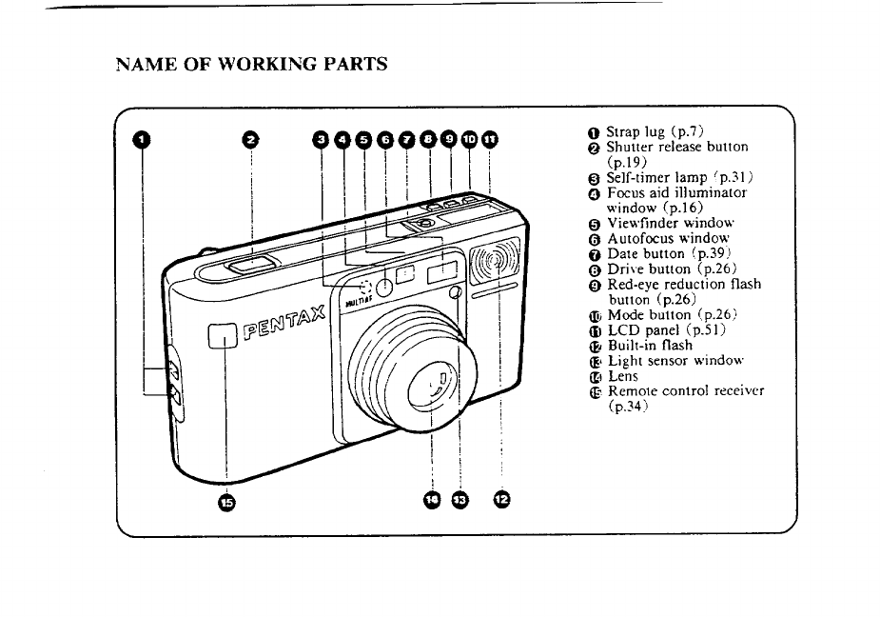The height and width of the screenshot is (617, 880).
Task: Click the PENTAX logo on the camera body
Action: pos(284,323)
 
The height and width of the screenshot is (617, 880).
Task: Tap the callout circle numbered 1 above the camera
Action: pos(142,139)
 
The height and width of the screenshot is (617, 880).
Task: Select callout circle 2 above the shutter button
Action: pos(250,139)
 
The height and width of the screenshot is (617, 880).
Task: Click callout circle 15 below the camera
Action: pos(226,502)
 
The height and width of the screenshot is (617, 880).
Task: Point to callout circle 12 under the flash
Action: pos(501,499)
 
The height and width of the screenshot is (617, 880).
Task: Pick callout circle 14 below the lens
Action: pos(432,500)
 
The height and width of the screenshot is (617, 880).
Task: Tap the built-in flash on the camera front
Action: pos(496,260)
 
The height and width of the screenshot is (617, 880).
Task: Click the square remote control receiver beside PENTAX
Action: pos(223,336)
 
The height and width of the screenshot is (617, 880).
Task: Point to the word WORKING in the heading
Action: pos(267,64)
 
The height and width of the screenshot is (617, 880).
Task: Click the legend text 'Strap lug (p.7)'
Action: pos(655,132)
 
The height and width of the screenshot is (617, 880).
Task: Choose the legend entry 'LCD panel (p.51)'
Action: pos(667,329)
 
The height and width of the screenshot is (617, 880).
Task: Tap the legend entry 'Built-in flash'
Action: pos(651,345)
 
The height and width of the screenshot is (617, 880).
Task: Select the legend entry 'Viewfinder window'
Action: pos(671,223)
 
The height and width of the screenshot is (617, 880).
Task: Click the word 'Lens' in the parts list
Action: pos(623,376)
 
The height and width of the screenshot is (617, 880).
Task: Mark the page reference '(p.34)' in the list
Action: pos(629,406)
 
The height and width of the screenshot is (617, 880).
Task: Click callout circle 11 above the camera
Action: pos(490,139)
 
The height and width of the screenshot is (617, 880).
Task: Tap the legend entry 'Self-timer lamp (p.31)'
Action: pos(679,177)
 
